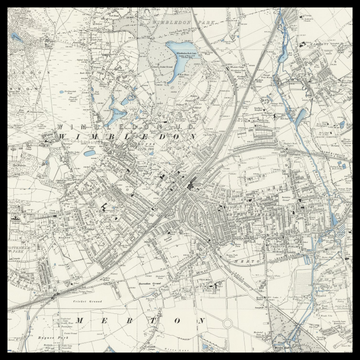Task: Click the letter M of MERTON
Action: point(79,320)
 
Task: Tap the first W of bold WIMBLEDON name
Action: point(63,134)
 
